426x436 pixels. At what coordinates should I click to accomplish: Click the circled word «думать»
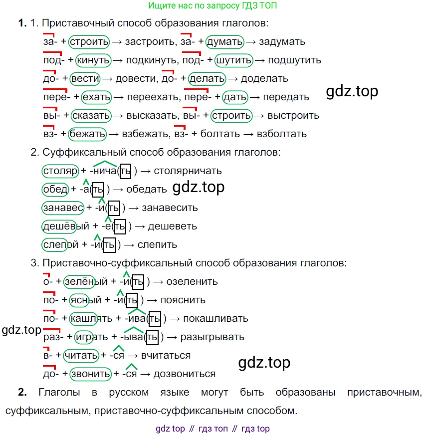click(x=224, y=42)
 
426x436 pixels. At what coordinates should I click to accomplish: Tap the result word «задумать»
click(x=282, y=42)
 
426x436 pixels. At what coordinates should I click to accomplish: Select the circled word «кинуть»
click(x=93, y=60)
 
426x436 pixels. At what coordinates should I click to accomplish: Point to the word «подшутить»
click(x=294, y=60)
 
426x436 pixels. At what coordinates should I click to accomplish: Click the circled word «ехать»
click(x=96, y=97)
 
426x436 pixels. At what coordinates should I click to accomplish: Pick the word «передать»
click(x=286, y=97)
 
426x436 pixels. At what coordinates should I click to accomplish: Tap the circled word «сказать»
click(x=91, y=115)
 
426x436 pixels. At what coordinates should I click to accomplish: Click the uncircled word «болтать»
click(x=220, y=134)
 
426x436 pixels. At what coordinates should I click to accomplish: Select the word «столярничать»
click(x=188, y=171)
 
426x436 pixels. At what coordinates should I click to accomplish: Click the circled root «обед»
click(x=55, y=190)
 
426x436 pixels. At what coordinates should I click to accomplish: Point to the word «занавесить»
click(x=170, y=208)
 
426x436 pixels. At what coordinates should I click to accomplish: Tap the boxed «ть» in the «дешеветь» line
click(x=120, y=226)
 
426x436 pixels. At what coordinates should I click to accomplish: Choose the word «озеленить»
click(x=192, y=282)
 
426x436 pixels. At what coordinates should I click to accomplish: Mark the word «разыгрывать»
click(x=212, y=337)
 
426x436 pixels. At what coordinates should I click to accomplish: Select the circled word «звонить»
click(x=90, y=374)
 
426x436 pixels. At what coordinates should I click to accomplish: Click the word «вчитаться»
click(x=166, y=355)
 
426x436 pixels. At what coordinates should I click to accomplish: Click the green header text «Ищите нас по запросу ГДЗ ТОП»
click(x=213, y=5)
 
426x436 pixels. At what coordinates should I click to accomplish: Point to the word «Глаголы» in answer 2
click(x=59, y=392)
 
